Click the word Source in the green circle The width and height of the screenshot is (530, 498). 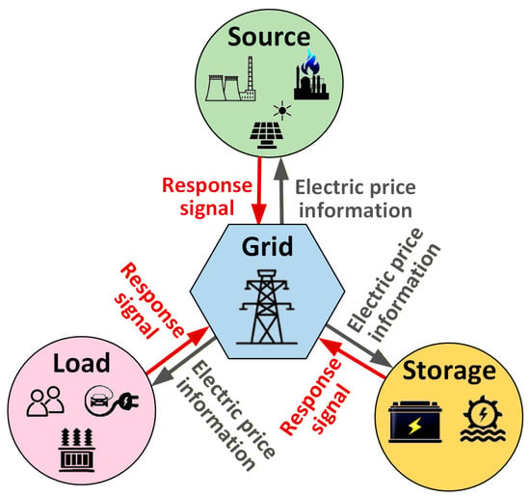tap(269, 37)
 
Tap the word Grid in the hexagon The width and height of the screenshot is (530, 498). tap(267, 246)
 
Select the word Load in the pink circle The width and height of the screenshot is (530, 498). tap(82, 363)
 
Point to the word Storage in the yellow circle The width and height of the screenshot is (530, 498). tap(449, 372)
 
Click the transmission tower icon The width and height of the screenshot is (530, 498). tap(267, 307)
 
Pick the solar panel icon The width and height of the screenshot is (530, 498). tap(266, 135)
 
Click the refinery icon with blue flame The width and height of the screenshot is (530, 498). tap(311, 75)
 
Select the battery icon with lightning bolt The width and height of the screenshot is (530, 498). tap(415, 422)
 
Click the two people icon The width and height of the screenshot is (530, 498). tap(45, 401)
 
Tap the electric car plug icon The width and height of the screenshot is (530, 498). tap(112, 401)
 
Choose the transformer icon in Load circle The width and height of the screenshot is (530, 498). tap(77, 450)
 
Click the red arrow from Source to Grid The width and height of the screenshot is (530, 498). tap(259, 190)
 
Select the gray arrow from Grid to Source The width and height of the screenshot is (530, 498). tap(281, 191)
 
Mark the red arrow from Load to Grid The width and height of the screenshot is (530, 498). tap(178, 350)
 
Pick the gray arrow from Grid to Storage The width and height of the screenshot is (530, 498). tap(359, 346)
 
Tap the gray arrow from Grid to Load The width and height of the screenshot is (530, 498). tap(183, 361)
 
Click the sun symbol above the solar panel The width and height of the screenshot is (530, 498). tap(282, 110)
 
